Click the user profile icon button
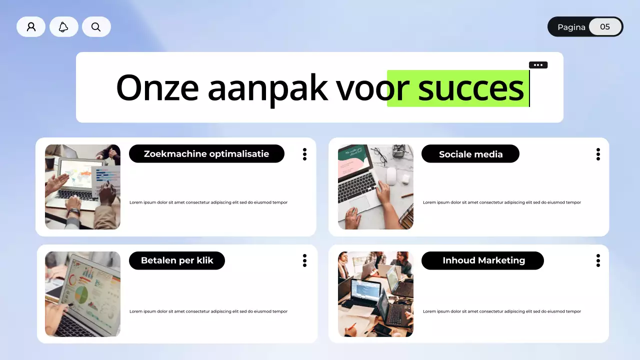[31, 27]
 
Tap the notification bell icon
[63, 27]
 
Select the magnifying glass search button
[96, 27]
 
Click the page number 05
[605, 27]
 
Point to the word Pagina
[571, 27]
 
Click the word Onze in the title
[157, 88]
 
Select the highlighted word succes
[470, 88]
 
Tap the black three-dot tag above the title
[538, 65]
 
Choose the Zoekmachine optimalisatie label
[206, 153]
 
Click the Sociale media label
[470, 154]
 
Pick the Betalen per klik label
[177, 260]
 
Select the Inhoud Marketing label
[483, 260]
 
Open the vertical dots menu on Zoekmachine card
[304, 154]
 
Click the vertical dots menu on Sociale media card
[598, 154]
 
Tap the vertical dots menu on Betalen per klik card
[304, 260]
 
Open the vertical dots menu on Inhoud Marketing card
[598, 260]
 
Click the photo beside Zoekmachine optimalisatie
[82, 187]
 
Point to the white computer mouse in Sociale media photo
[391, 175]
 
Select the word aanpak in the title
[267, 88]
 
